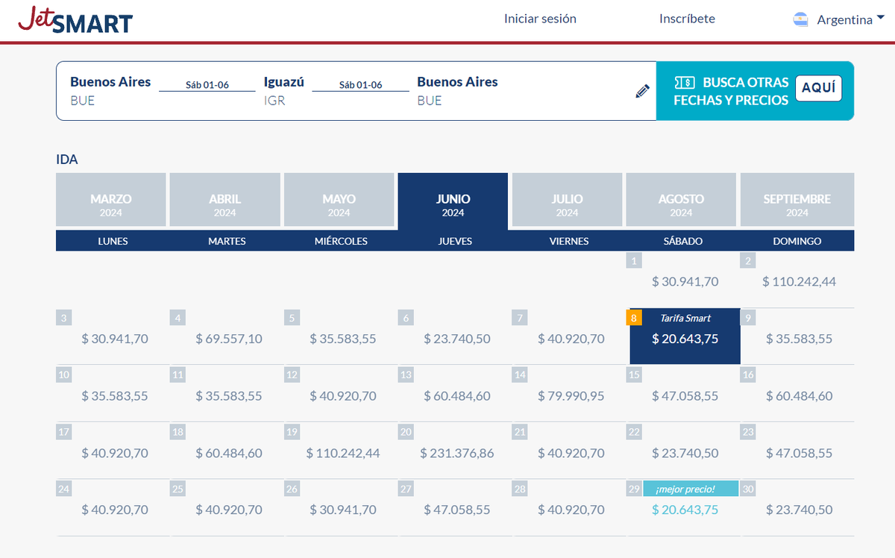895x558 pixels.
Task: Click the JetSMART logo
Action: pos(75,20)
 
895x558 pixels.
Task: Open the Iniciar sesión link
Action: pos(540,19)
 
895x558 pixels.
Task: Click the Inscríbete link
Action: pos(687,19)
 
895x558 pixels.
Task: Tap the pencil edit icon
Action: pos(642,91)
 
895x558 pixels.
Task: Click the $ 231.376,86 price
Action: pos(457,453)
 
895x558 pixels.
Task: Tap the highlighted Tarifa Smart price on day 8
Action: pos(685,339)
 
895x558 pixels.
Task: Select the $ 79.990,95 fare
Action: pos(571,396)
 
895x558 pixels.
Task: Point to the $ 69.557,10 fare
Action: pos(229,339)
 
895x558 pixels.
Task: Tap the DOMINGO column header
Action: pos(797,241)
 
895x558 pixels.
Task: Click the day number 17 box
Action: pos(64,432)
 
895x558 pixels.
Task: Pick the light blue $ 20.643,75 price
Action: pos(685,510)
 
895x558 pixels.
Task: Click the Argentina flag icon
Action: pos(801,20)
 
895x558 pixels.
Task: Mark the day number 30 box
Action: pos(748,489)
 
